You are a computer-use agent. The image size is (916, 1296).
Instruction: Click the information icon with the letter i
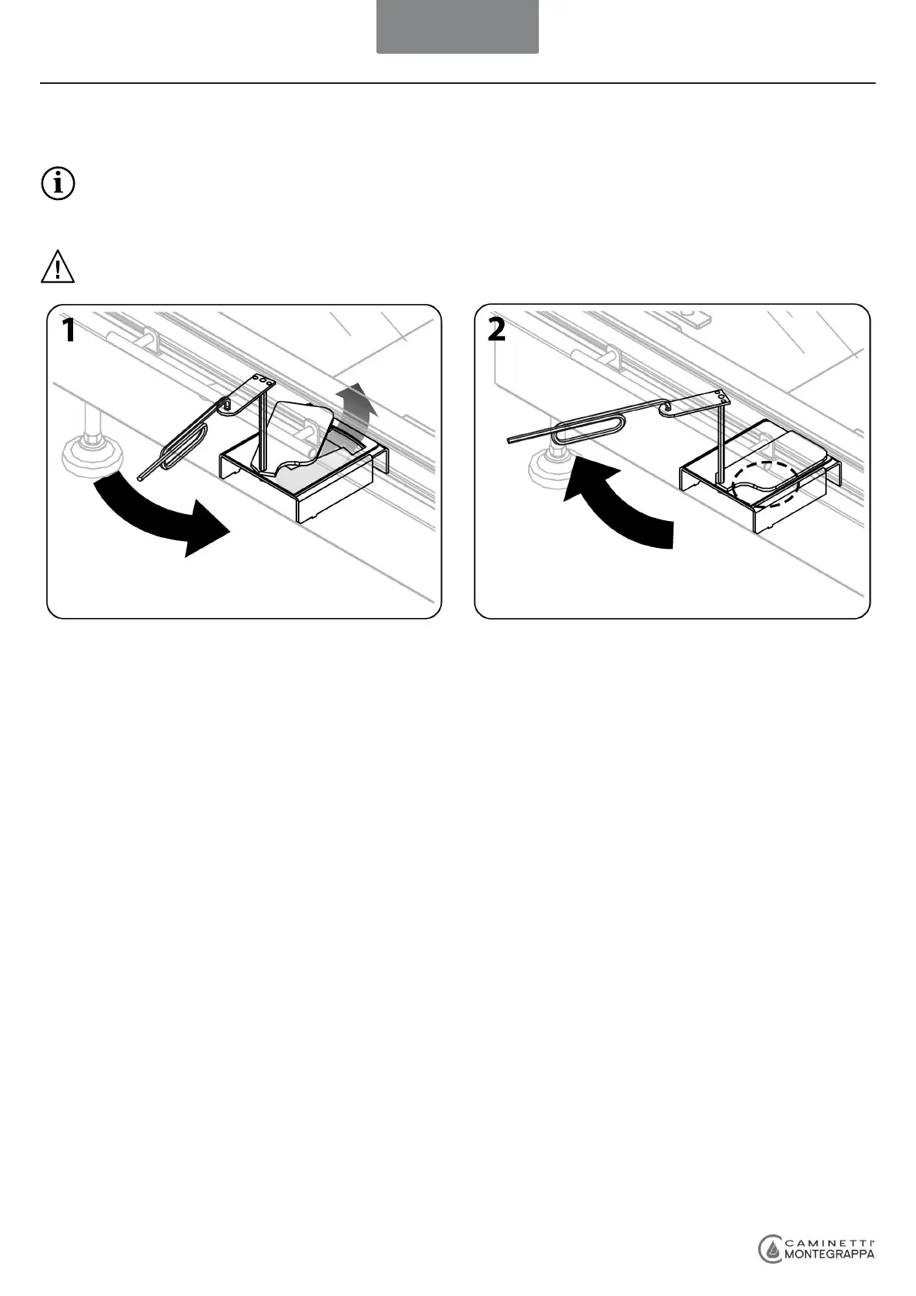click(x=57, y=185)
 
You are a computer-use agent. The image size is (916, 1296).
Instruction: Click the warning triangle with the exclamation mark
click(x=57, y=267)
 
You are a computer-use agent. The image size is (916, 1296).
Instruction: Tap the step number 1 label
click(x=69, y=331)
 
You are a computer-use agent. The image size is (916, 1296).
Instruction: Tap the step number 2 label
click(x=496, y=331)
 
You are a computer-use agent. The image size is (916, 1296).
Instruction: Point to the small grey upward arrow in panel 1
click(x=355, y=408)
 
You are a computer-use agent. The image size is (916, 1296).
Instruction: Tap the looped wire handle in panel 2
click(x=585, y=427)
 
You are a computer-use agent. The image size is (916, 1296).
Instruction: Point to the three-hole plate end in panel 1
click(x=263, y=382)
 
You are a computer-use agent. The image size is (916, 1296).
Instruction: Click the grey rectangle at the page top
click(x=457, y=26)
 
